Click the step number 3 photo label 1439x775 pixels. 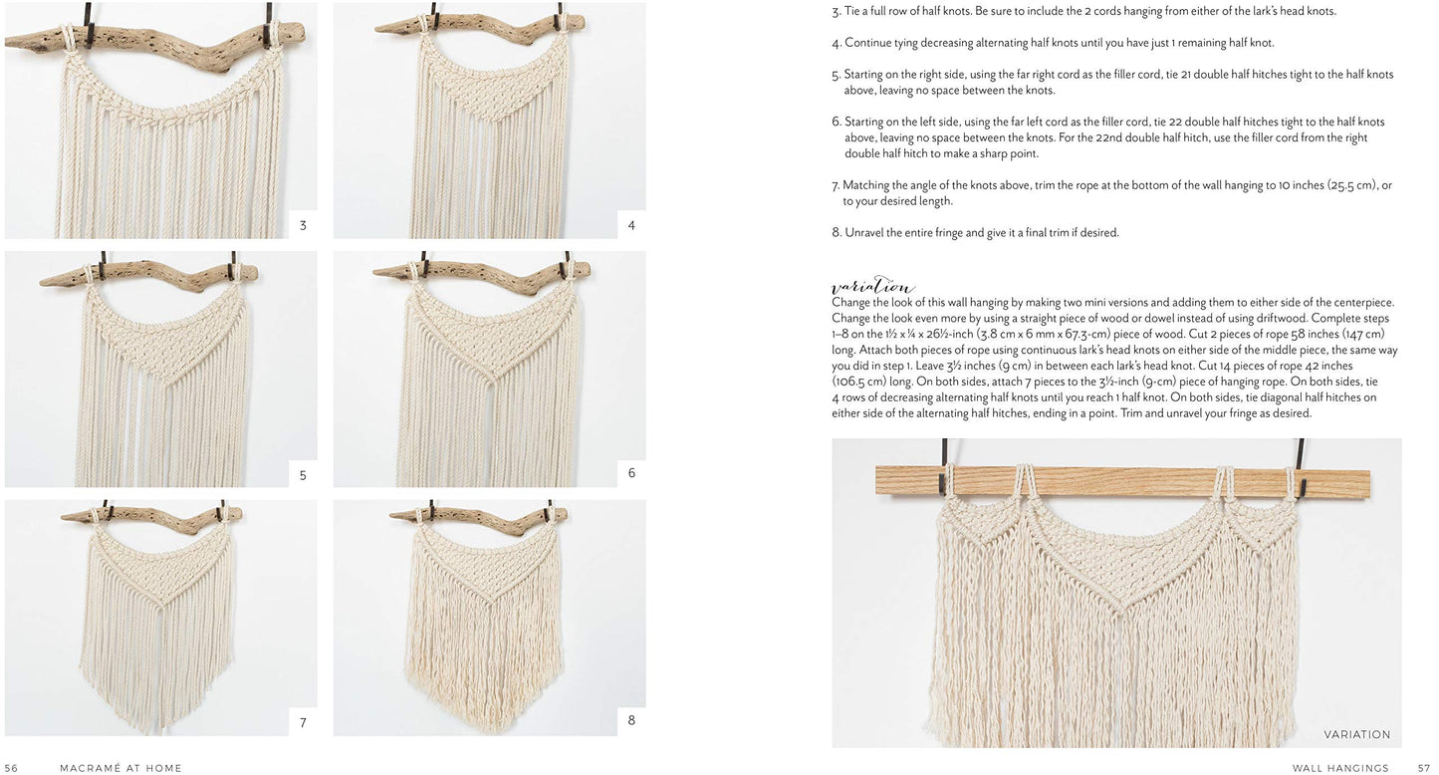tap(303, 225)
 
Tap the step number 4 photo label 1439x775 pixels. tap(631, 225)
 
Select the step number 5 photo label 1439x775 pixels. tap(303, 475)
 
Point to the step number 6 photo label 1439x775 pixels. tap(631, 473)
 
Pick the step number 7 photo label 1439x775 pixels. tap(303, 723)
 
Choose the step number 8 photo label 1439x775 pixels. tap(631, 720)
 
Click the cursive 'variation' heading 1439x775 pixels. tap(872, 285)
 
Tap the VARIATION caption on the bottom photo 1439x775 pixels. tap(1356, 734)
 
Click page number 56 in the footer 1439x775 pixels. tap(12, 768)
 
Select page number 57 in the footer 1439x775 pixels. tap(1424, 768)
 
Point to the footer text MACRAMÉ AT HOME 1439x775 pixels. tap(120, 768)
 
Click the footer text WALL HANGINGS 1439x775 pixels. tap(1340, 768)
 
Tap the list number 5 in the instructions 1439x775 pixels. tap(836, 75)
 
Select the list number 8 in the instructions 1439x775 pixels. tap(837, 233)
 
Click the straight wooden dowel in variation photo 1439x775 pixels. tap(1122, 482)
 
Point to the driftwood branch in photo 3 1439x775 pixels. tap(154, 40)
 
